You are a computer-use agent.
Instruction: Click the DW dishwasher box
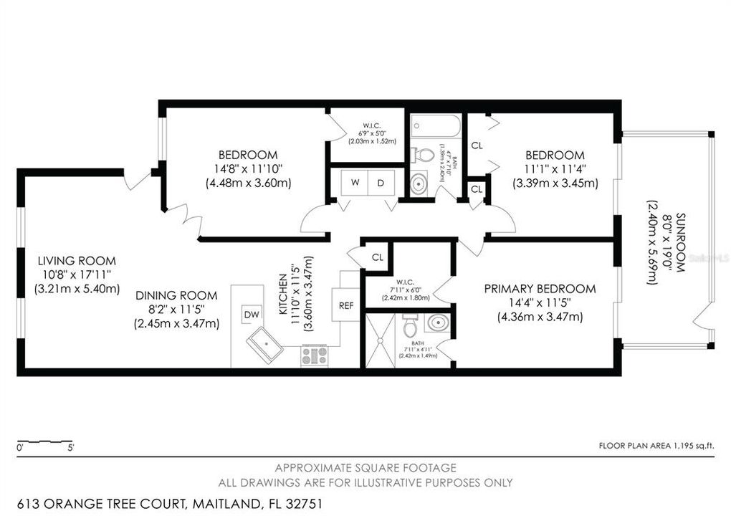click(x=252, y=314)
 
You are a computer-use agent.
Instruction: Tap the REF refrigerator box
click(x=345, y=305)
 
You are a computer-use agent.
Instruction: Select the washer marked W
click(x=355, y=183)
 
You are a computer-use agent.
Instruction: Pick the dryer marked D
click(x=381, y=183)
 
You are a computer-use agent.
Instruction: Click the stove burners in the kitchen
click(x=315, y=355)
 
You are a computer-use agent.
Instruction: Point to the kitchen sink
click(x=269, y=348)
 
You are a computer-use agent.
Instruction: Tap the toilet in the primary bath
click(x=410, y=328)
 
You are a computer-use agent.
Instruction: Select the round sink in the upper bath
click(x=420, y=184)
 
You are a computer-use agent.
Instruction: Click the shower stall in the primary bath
click(x=381, y=340)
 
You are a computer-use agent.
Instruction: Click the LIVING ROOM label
click(x=77, y=262)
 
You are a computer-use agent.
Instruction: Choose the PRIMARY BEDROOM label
click(x=540, y=289)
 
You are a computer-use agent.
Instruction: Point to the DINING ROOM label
click(x=176, y=295)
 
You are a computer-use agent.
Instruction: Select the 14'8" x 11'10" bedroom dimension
click(x=248, y=169)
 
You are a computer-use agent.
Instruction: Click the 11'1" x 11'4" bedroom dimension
click(x=555, y=169)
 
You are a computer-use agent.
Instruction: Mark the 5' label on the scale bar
click(x=70, y=448)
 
